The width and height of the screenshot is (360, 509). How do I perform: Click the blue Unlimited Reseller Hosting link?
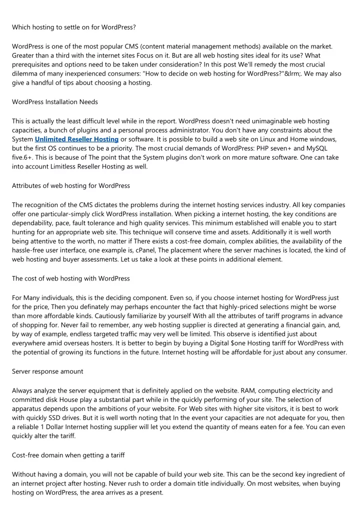[76, 139]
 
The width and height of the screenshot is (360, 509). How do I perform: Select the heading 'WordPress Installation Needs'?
[55, 102]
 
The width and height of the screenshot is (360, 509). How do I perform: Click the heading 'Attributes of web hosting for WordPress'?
[71, 185]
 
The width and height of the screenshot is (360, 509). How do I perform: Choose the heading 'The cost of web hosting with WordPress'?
[71, 278]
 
